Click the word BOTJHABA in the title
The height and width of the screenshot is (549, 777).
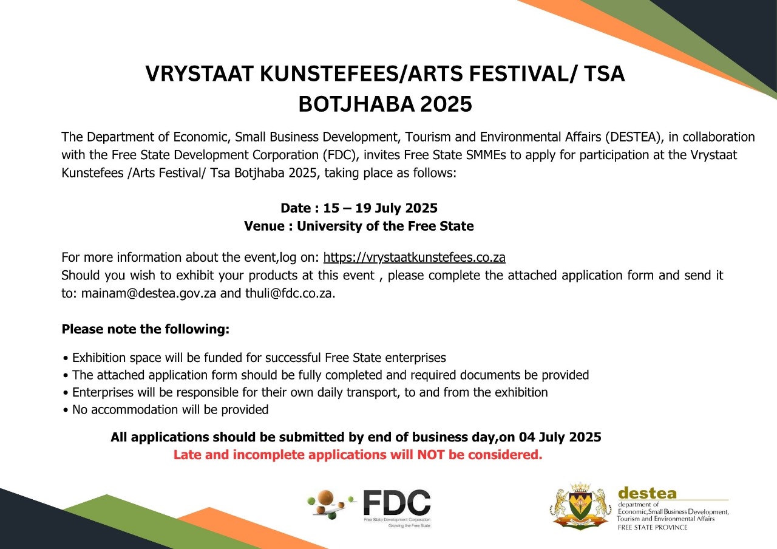356,104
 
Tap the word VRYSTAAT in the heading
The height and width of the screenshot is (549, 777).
199,73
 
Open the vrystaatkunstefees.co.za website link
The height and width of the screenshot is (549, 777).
414,257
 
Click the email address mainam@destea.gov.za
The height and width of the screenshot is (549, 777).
149,293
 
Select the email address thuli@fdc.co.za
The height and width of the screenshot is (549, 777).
290,293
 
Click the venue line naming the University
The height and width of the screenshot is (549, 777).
359,226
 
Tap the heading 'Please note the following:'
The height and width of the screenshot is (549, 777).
145,329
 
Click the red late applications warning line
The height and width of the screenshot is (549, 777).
358,455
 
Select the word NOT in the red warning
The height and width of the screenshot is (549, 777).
431,455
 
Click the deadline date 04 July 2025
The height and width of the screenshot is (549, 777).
560,437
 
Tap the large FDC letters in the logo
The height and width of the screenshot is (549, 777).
397,502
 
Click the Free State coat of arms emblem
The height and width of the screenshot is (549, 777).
580,506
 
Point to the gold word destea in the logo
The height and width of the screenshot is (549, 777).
647,493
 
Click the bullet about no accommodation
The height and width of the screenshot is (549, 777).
166,410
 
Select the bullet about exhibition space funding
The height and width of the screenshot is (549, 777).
254,358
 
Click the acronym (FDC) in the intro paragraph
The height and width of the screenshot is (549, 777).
341,155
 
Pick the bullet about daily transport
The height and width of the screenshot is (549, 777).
305,392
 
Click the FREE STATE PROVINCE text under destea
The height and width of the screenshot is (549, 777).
653,528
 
